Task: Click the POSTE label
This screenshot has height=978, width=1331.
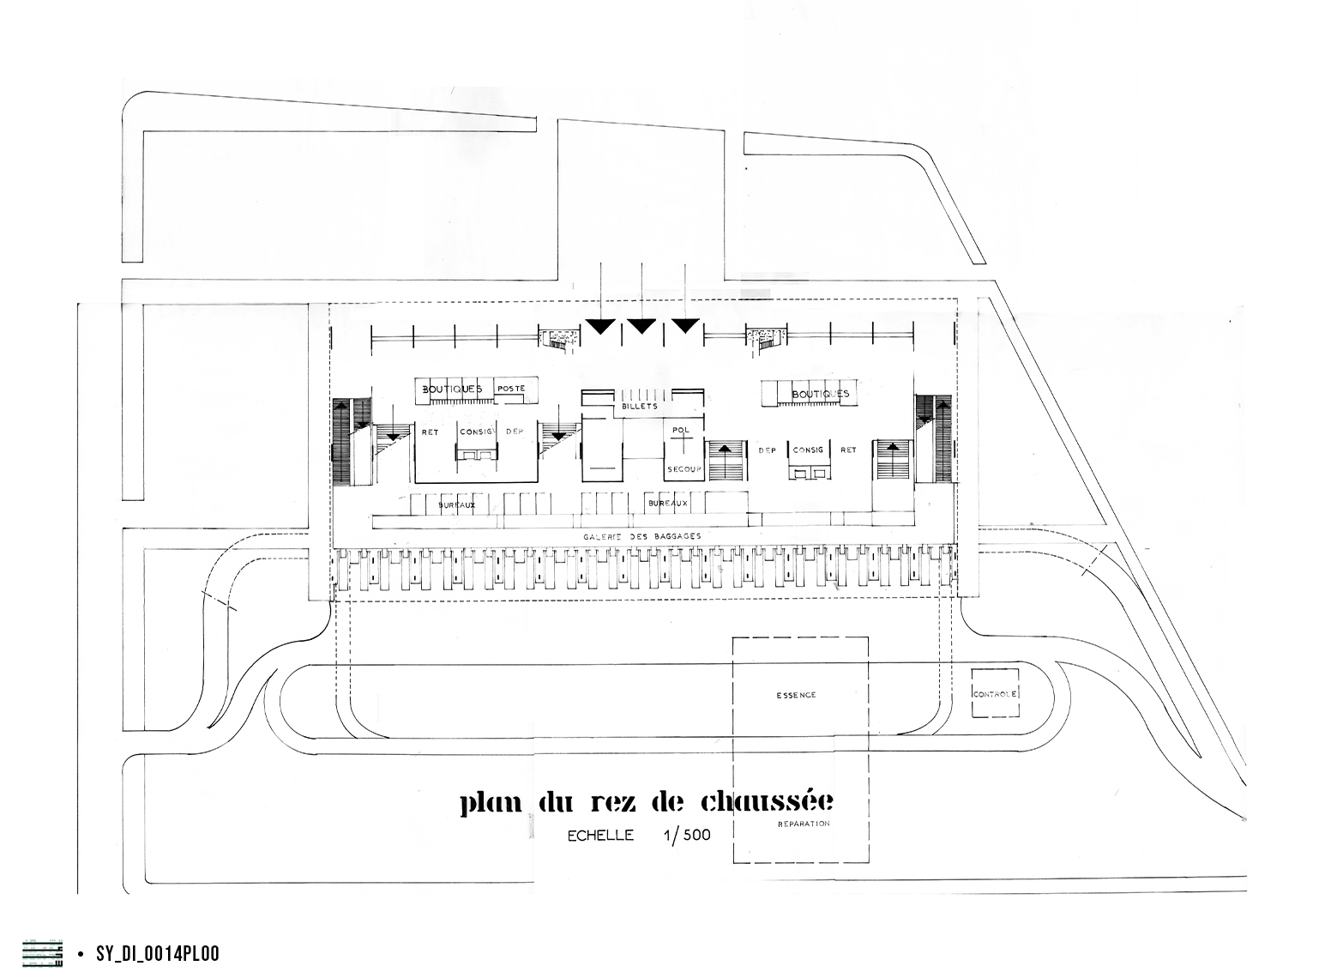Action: click(x=511, y=389)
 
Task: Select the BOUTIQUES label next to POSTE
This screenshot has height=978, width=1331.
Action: click(x=452, y=389)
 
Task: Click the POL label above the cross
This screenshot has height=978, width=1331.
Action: click(x=681, y=429)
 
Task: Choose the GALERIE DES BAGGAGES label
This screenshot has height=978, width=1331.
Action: click(x=642, y=536)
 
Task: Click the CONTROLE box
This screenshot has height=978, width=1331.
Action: click(x=995, y=693)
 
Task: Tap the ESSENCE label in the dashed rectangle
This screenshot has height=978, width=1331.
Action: click(x=796, y=695)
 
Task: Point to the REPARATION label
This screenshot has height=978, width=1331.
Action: click(x=804, y=824)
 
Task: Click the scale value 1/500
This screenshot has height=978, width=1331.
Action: click(x=686, y=835)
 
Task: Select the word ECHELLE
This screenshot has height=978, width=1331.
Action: click(x=600, y=835)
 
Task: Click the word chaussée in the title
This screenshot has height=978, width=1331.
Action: click(x=767, y=801)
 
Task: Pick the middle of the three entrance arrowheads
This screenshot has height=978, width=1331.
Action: click(x=642, y=326)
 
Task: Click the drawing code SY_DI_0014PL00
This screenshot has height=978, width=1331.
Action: click(x=159, y=954)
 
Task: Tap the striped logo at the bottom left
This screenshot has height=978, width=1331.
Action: click(x=43, y=953)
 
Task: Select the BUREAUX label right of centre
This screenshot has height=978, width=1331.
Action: click(x=668, y=504)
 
